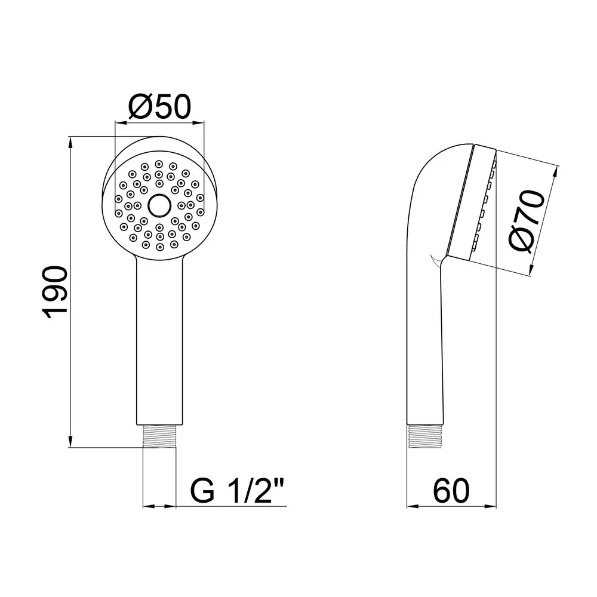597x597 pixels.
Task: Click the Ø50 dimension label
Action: tap(159, 107)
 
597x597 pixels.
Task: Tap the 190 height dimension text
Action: tap(56, 293)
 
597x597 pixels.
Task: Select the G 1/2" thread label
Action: tap(237, 491)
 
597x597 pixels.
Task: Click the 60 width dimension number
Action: tap(451, 491)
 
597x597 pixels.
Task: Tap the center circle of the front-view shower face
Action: tap(159, 205)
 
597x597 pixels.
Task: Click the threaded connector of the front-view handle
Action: tap(159, 436)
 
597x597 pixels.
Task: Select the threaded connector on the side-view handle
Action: tap(425, 436)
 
